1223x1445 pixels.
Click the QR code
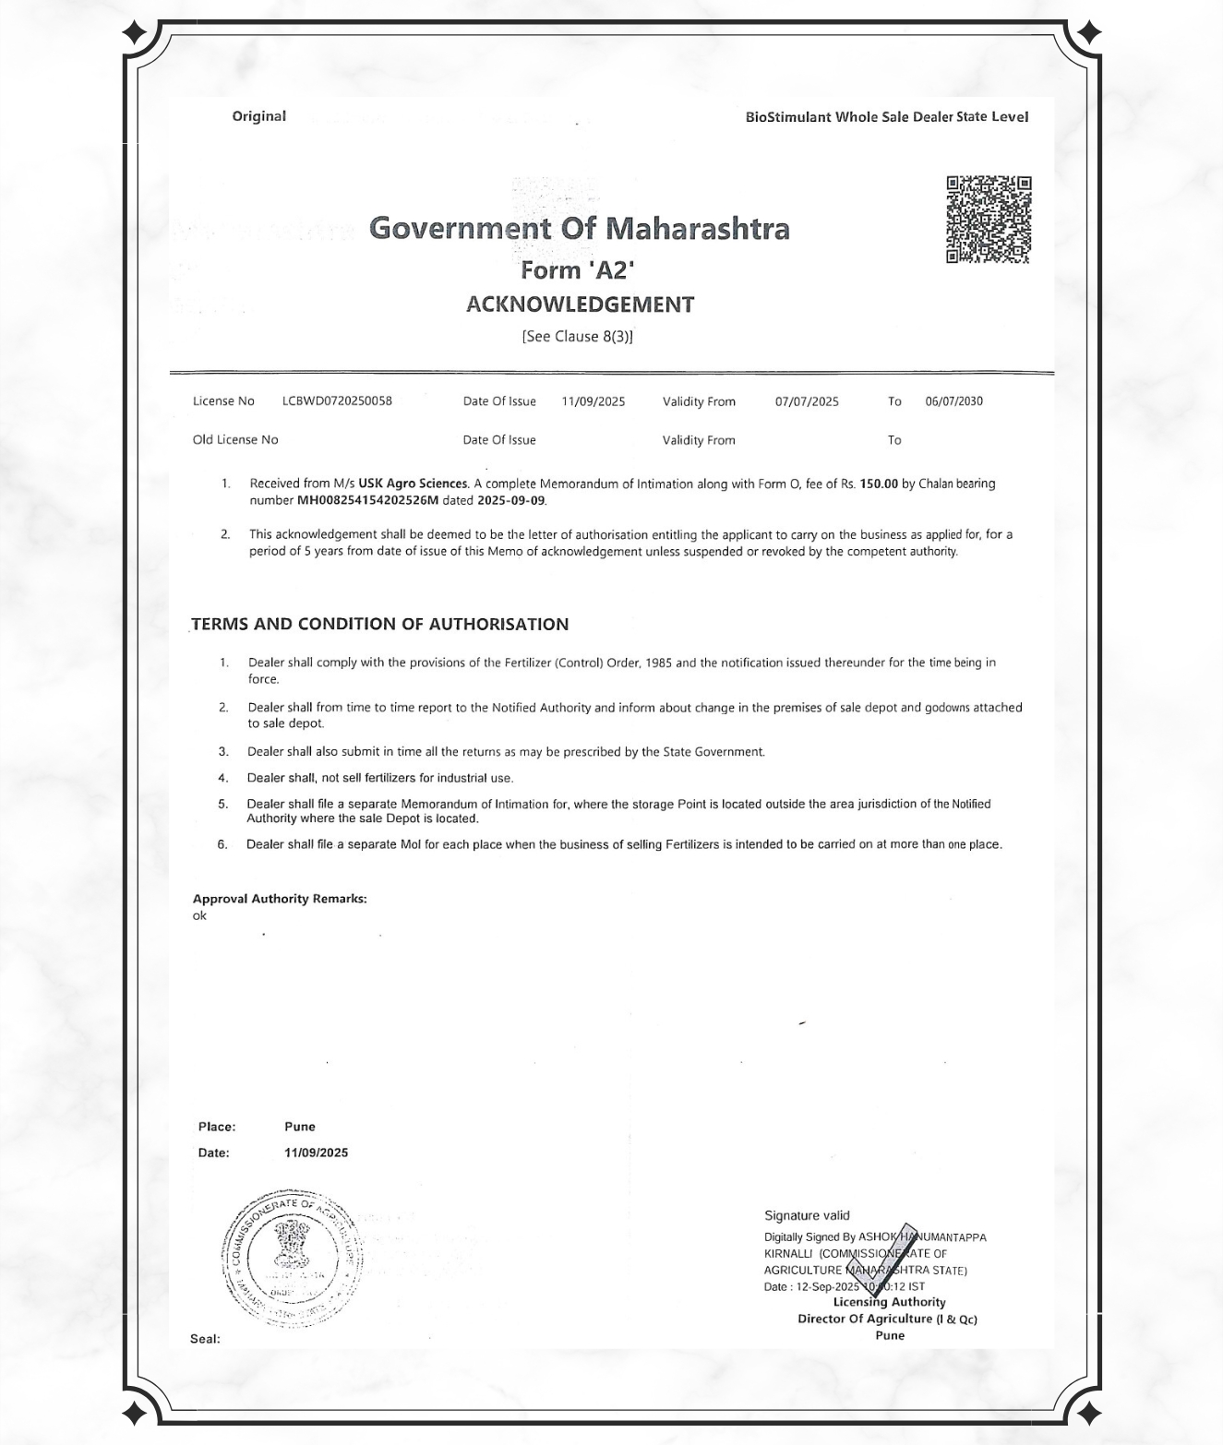tap(988, 220)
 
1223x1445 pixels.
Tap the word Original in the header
tap(258, 116)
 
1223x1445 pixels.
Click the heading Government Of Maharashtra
tap(579, 228)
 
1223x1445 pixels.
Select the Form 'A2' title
tap(578, 270)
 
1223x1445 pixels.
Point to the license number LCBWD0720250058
tap(337, 401)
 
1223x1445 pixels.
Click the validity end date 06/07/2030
tap(953, 401)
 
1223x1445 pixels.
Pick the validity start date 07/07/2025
tap(807, 401)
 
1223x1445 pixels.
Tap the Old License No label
tap(235, 440)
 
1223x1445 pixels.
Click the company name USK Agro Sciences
tap(413, 484)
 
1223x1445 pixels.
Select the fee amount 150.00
tap(879, 484)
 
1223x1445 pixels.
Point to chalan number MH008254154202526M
tap(367, 501)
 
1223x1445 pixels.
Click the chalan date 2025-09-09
tap(511, 501)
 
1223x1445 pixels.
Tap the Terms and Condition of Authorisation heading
tap(379, 625)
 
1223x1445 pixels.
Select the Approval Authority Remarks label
tap(280, 899)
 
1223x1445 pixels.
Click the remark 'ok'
tap(199, 916)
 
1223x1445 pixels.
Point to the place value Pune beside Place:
tap(300, 1127)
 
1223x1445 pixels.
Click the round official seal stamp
tap(292, 1260)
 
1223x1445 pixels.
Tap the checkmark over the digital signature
tap(879, 1260)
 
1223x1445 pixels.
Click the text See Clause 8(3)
tap(578, 337)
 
